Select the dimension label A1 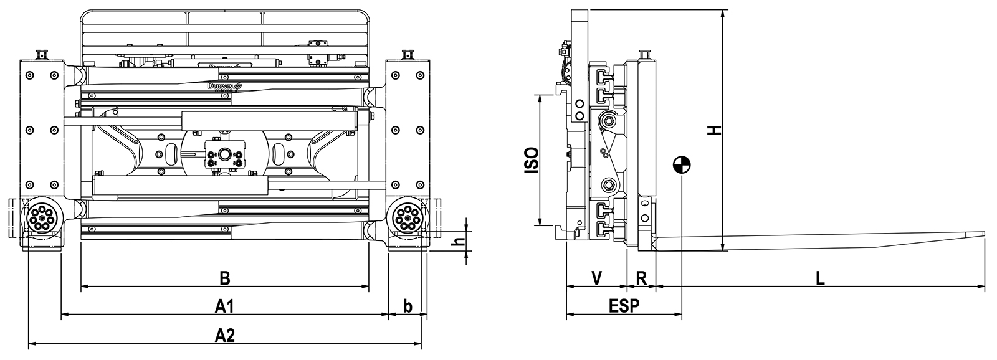224,306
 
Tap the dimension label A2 224,335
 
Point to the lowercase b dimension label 408,306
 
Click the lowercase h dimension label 459,240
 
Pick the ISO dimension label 531,160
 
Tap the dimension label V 596,278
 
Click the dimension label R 641,278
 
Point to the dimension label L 820,278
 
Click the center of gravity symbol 682,165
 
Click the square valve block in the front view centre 224,154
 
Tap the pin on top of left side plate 42,55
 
